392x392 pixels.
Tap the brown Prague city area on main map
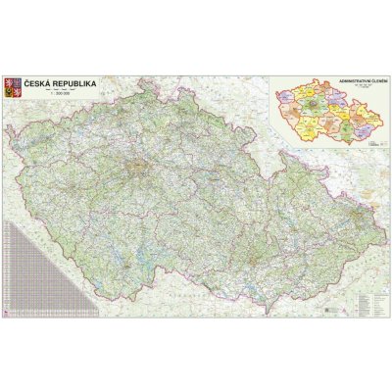tap(140, 160)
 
